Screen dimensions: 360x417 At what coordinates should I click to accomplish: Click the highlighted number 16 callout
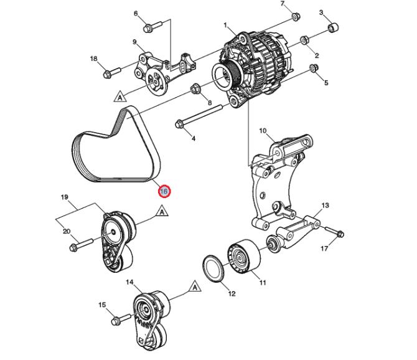click(164, 191)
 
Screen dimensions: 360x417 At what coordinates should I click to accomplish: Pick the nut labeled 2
click(304, 41)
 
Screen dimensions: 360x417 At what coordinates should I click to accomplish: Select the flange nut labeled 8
click(195, 89)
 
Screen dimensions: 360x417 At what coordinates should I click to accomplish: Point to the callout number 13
click(324, 205)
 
